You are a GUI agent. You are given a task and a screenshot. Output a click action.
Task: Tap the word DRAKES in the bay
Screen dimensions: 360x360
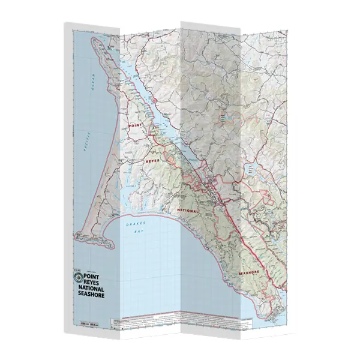(132, 223)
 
